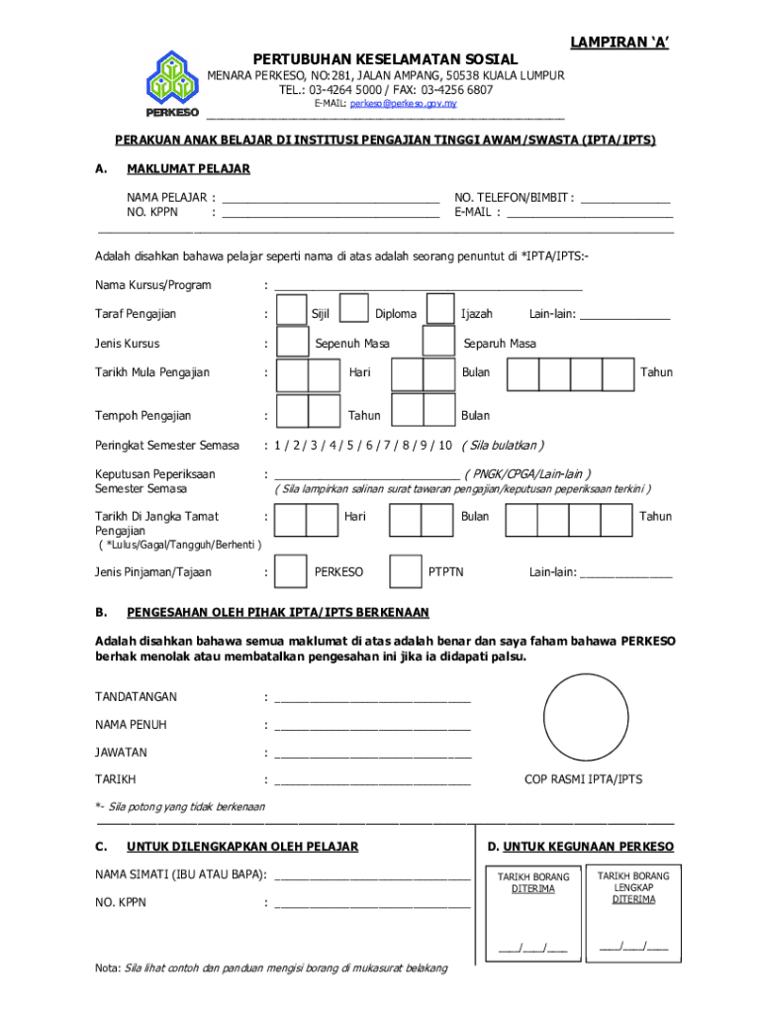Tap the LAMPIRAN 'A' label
[619, 41]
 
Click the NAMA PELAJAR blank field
[331, 197]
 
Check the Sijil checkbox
[291, 310]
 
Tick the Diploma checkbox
[354, 310]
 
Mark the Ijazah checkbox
[439, 310]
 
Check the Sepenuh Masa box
[292, 342]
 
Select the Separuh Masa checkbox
[438, 342]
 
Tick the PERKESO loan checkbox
[290, 571]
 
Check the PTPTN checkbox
[406, 571]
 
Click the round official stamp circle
[586, 716]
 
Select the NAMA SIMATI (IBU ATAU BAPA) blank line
[372, 875]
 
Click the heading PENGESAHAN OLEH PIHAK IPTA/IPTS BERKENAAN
[278, 613]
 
